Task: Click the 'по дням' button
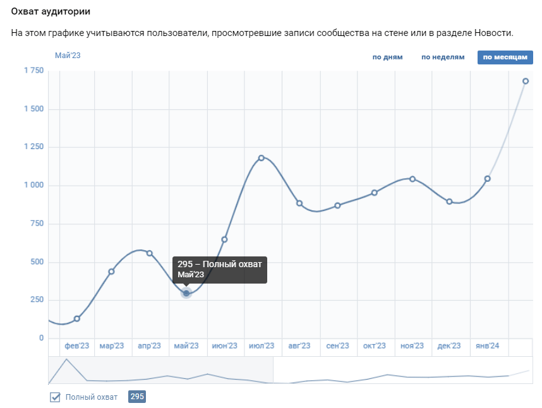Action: point(387,57)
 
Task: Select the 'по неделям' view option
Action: point(443,57)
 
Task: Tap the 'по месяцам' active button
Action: point(505,57)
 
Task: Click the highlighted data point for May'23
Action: point(186,293)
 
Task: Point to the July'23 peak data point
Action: point(262,158)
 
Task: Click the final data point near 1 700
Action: point(525,81)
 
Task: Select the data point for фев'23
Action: point(77,319)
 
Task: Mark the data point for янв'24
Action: point(487,179)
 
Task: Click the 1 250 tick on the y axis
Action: point(33,147)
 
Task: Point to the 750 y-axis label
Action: point(36,224)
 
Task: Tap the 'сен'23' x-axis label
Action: point(337,346)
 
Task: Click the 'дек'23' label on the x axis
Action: point(449,346)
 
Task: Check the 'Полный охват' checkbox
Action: point(56,397)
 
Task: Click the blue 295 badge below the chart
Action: point(137,397)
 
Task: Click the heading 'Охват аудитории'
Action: point(55,12)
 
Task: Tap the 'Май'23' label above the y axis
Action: point(68,56)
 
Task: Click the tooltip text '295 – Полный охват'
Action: point(219,264)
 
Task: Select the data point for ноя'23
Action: point(413,179)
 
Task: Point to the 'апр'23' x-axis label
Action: point(149,346)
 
